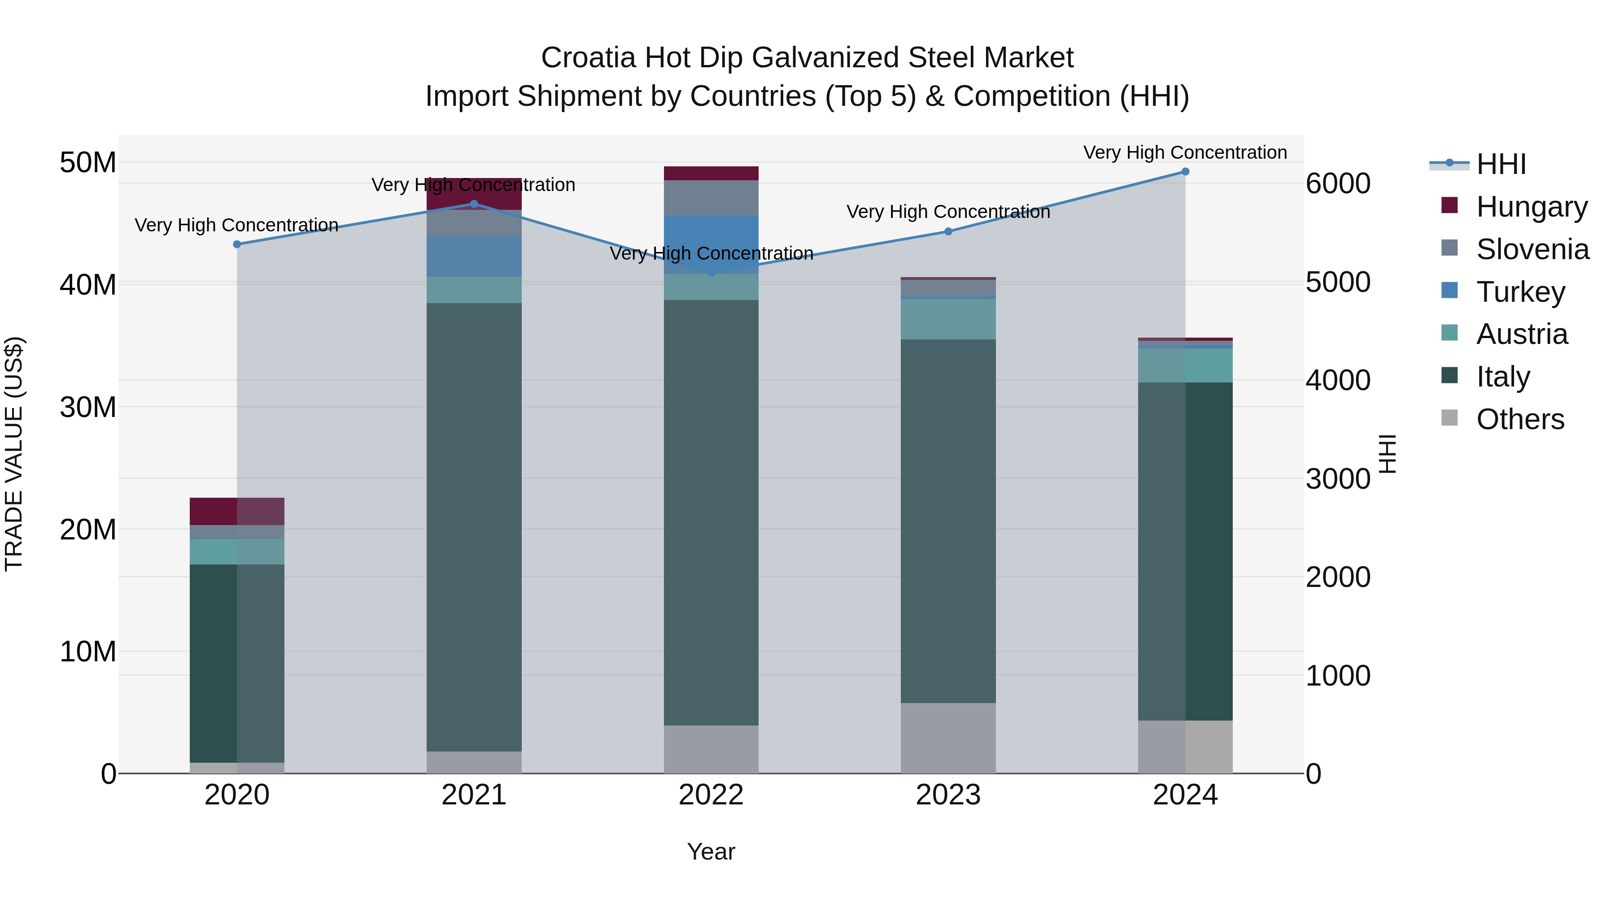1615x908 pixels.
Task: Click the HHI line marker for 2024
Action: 1184,172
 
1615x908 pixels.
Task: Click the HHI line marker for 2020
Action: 237,244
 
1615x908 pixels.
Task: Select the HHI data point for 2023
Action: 948,232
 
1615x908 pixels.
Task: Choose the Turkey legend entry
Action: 1520,292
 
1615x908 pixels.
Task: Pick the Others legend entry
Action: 1520,419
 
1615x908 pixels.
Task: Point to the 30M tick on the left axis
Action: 88,407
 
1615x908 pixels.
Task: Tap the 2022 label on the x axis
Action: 711,795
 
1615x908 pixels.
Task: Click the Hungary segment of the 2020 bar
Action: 237,511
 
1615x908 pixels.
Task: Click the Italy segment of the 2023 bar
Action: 948,520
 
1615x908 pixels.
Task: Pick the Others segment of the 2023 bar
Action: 948,738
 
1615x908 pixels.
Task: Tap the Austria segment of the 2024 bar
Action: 1185,365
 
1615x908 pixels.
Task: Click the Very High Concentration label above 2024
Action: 1184,152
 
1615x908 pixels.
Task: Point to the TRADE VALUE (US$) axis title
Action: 14,454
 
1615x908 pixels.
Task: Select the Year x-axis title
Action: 711,852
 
